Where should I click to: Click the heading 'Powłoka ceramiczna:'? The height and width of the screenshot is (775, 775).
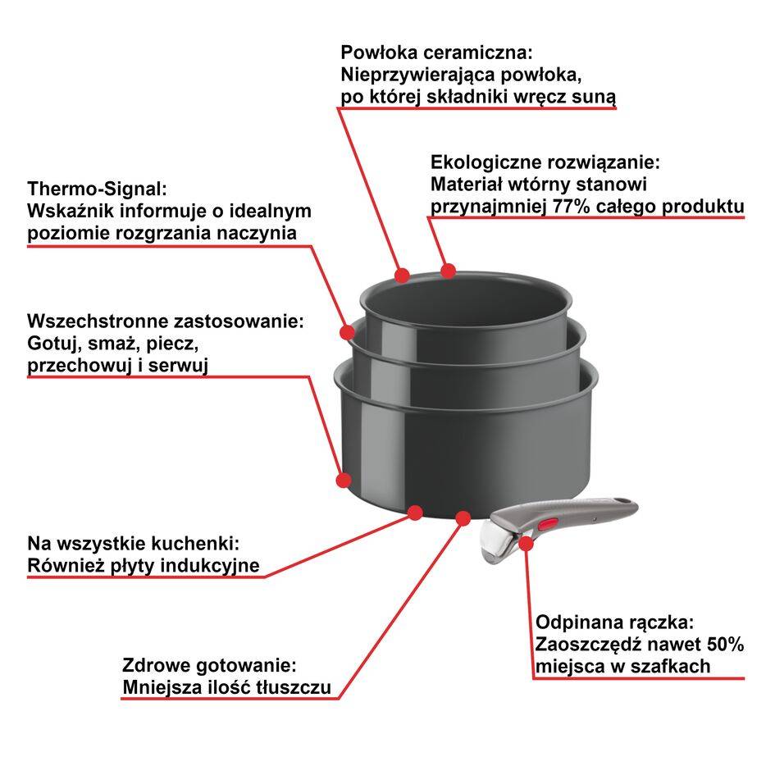(x=436, y=52)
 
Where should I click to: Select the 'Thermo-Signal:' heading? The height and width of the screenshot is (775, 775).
(x=97, y=188)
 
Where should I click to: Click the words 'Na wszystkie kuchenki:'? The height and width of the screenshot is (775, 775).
(x=133, y=543)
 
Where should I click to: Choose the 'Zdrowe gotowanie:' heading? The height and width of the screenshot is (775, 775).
(x=208, y=664)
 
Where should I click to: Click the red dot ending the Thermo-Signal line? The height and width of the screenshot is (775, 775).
(x=348, y=332)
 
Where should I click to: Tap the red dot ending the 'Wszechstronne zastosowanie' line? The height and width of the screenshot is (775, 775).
(x=344, y=479)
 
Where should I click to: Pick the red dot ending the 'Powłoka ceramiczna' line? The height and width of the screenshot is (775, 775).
(x=402, y=275)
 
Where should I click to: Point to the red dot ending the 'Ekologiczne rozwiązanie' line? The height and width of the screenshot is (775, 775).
(x=448, y=270)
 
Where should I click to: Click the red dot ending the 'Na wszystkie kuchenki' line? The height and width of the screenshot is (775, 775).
(x=415, y=513)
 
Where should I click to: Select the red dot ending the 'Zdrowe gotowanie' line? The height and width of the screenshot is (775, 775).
(x=463, y=517)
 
